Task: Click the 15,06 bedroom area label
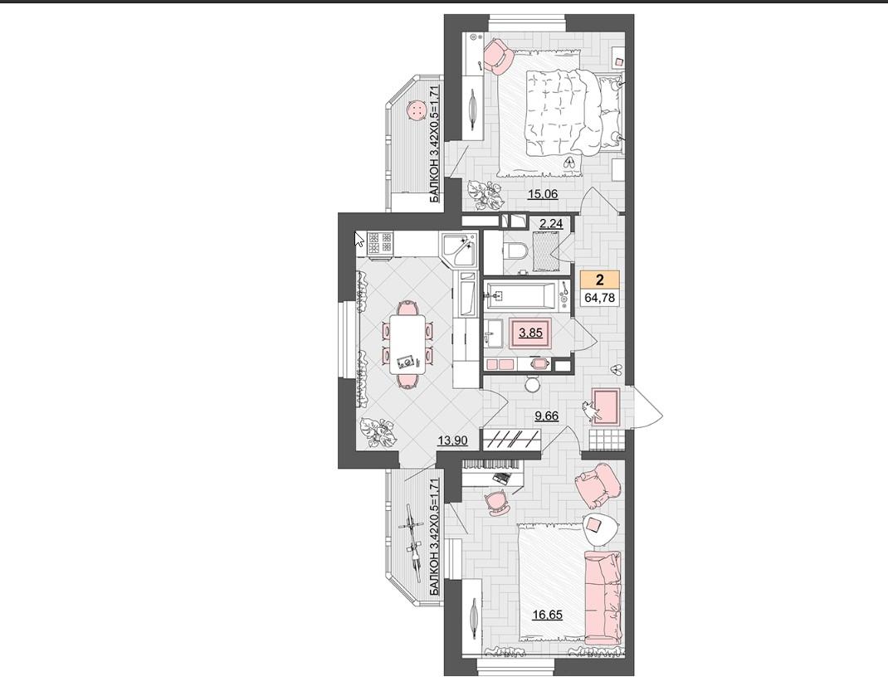click(543, 194)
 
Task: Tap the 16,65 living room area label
click(547, 615)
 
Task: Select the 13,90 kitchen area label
click(452, 440)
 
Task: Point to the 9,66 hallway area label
click(547, 416)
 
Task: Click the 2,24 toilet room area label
click(550, 224)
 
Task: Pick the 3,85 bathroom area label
click(530, 333)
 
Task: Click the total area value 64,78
click(600, 297)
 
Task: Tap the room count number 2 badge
click(600, 280)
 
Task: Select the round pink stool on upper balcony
click(417, 109)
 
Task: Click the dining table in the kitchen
click(407, 345)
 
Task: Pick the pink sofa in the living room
click(603, 599)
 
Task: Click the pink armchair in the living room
click(598, 484)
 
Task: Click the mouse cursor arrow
click(359, 239)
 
